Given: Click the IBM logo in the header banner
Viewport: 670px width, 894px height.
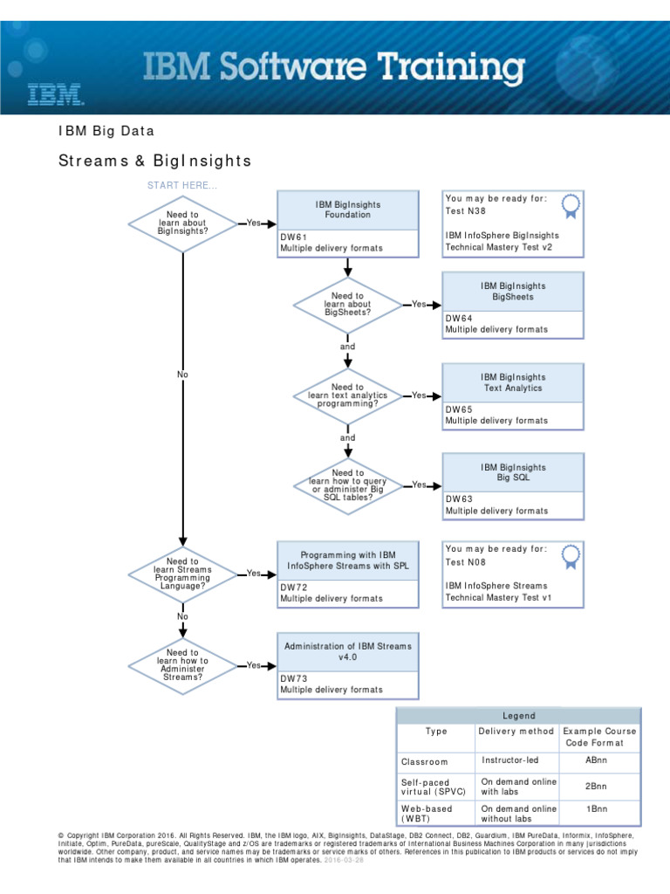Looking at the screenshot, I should [55, 94].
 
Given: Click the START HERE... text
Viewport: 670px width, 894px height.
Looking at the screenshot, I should [182, 185].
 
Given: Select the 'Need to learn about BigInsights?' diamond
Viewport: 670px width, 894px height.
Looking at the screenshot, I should [182, 223].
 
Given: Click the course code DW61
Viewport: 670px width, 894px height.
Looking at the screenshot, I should [293, 237].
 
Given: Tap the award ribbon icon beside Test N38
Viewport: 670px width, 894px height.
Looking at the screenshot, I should [571, 206].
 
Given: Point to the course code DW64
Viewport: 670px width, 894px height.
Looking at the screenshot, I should [459, 319].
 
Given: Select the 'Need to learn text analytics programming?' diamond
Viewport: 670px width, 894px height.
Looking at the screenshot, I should [347, 395].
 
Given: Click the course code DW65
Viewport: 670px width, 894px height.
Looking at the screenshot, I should [459, 409].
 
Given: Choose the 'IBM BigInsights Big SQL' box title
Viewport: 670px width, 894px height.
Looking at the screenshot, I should [512, 473].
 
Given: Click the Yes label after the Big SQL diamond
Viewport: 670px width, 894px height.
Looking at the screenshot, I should [419, 485].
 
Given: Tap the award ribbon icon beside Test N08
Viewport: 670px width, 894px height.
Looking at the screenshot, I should [571, 556].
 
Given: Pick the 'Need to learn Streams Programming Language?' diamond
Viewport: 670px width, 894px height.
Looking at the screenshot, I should [182, 574].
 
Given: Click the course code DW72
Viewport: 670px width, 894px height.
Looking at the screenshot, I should [293, 588].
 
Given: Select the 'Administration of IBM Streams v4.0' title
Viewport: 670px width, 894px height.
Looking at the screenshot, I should [347, 651].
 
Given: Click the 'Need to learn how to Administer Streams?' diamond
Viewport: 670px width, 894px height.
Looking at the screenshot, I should [182, 664].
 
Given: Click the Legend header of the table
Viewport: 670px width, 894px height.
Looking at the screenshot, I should [518, 716].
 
